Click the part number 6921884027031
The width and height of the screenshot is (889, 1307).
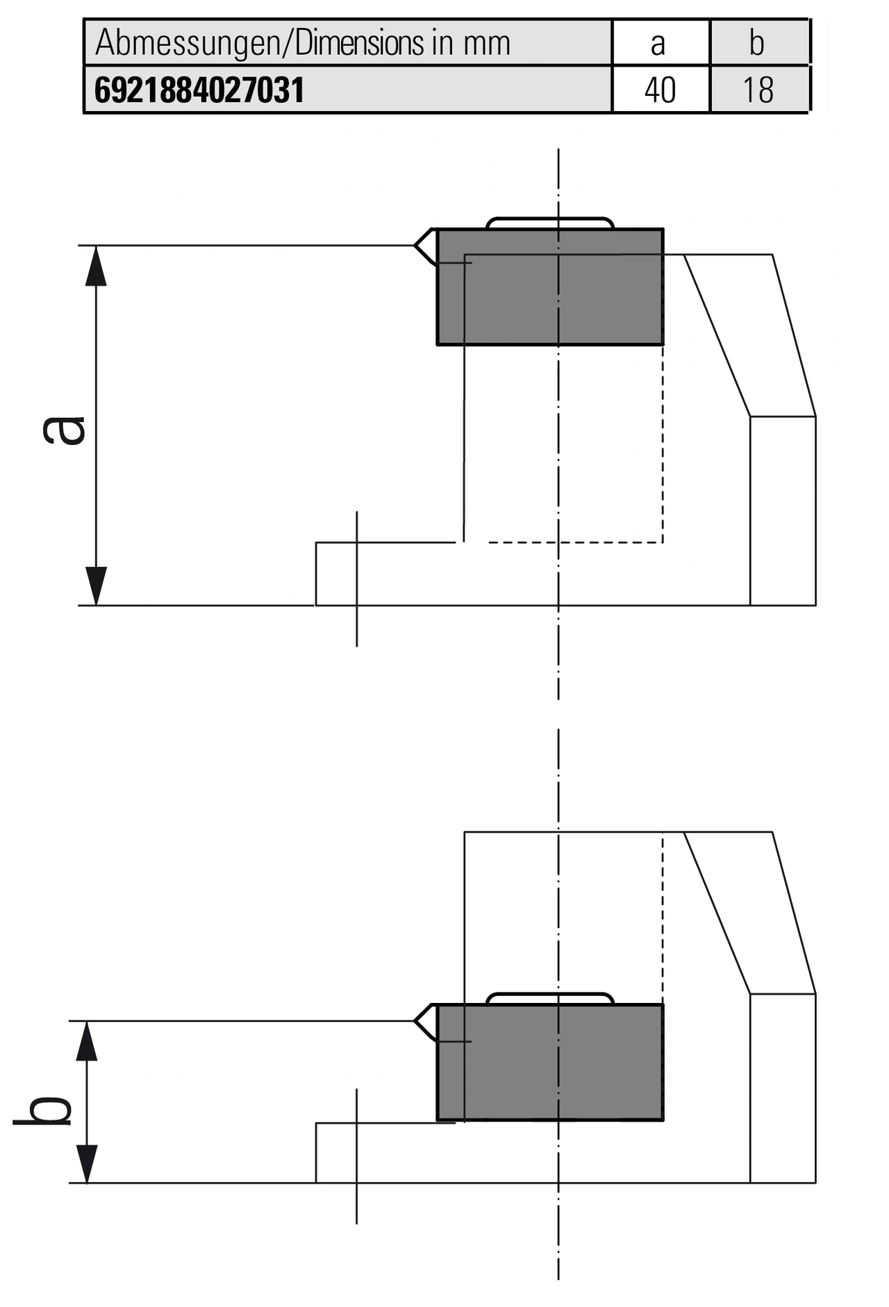click(x=199, y=91)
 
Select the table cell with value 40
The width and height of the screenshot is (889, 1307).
click(x=660, y=91)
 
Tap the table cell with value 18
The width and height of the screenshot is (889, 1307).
click(x=758, y=91)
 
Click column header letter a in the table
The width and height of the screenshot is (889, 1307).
click(x=658, y=44)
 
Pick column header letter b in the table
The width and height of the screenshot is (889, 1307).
click(x=756, y=44)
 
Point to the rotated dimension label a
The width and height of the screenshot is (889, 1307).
click(x=64, y=429)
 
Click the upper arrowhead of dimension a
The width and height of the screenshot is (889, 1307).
click(x=96, y=265)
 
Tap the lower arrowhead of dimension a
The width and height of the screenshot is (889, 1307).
click(x=96, y=586)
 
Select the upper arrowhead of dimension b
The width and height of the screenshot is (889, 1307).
click(x=86, y=1040)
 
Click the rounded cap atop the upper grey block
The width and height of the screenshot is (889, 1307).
click(x=550, y=222)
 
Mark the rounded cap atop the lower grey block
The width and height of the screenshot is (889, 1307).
click(x=550, y=998)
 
